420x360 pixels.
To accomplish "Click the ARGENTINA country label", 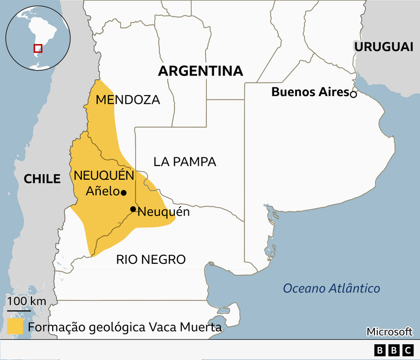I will [201, 72].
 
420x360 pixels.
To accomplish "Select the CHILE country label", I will [42, 179].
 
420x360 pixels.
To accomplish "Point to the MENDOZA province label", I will [128, 100].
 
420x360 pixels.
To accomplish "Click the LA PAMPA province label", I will [184, 162].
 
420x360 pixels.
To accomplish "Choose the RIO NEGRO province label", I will [151, 260].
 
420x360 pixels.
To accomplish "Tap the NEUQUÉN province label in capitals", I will [104, 175].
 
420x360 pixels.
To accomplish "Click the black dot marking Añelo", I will [124, 192].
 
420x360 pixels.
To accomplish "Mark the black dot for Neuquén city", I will [132, 209].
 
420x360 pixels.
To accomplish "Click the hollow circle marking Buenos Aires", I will [353, 94].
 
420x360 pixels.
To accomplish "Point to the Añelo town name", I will [103, 192].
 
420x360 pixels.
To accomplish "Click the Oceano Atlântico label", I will [332, 288].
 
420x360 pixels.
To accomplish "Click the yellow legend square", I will [15, 326].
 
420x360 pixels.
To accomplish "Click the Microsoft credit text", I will [390, 331].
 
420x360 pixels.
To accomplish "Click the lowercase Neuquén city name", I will [164, 212].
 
